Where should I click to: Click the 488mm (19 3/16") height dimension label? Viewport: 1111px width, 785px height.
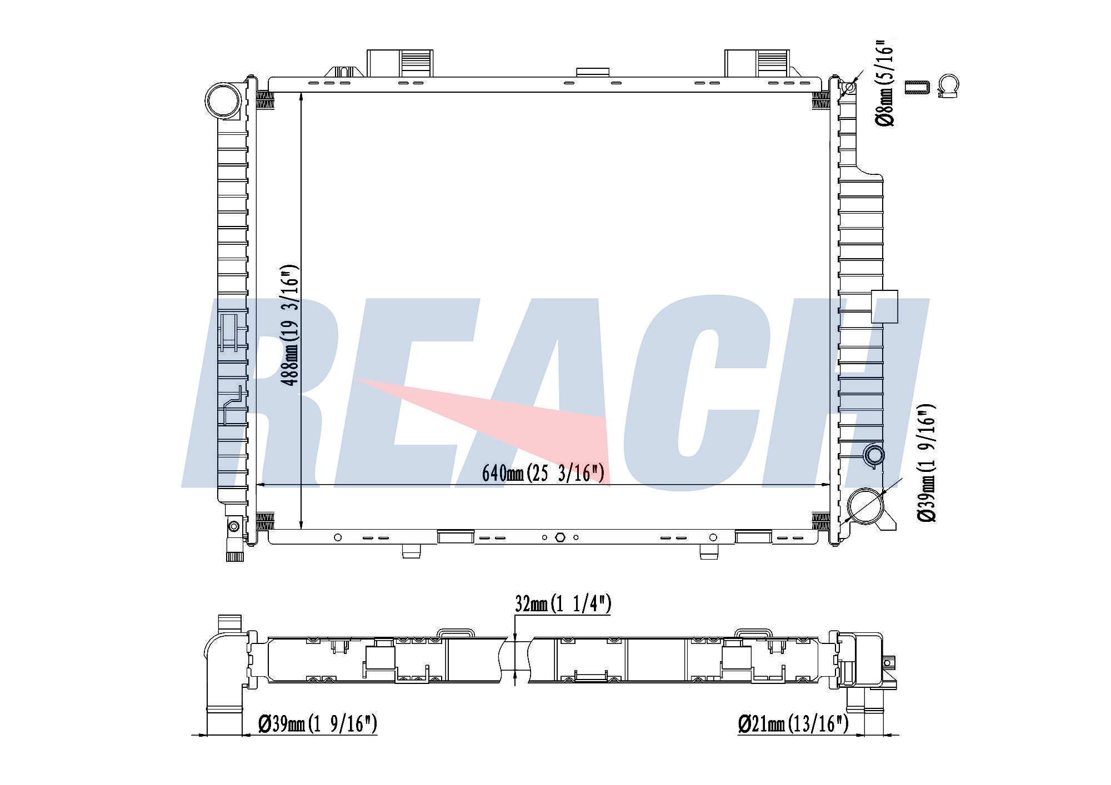[x=290, y=325]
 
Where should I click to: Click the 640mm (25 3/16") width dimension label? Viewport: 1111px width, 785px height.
[x=543, y=473]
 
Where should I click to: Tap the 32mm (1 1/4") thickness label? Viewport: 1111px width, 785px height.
[x=563, y=603]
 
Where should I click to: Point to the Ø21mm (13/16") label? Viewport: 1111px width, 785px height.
[x=793, y=723]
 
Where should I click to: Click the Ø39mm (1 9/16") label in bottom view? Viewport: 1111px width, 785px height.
[x=318, y=723]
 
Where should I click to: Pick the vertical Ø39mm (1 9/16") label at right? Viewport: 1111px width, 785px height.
[x=927, y=463]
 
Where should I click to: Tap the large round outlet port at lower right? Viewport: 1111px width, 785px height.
[x=865, y=506]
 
